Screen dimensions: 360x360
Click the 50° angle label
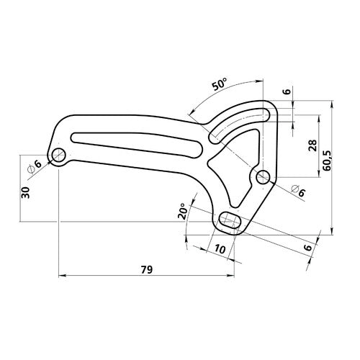[x=220, y=84]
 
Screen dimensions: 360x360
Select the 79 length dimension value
[x=145, y=270]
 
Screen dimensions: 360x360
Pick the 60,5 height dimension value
[x=328, y=158]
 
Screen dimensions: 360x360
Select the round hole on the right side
[x=262, y=176]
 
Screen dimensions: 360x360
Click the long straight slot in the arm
[x=137, y=142]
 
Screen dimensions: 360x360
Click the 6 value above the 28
[x=287, y=92]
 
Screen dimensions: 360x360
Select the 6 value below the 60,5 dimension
[x=307, y=248]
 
